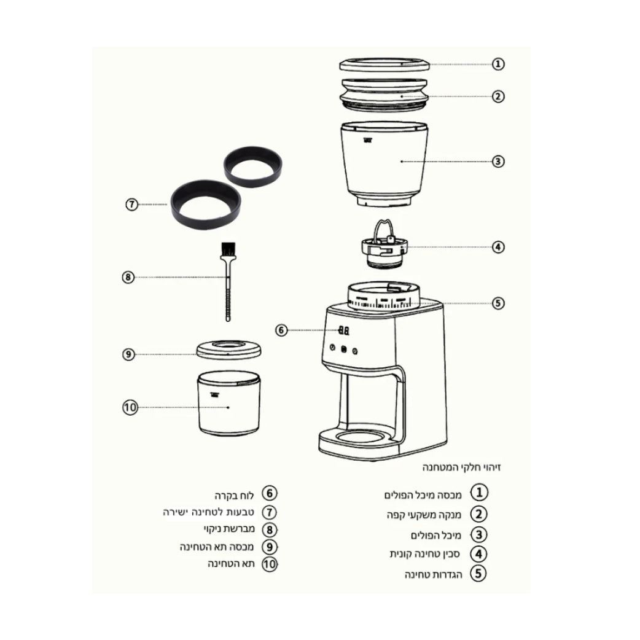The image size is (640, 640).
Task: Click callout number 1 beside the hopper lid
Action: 498,64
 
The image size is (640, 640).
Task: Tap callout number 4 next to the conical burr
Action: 498,247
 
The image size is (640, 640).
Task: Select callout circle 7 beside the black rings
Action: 131,204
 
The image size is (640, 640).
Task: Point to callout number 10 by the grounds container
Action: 130,407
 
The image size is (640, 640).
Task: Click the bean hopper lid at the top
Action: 384,65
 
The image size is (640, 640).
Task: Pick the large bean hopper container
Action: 384,163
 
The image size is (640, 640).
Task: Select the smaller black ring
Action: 253,166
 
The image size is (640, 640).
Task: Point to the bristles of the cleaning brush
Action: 228,249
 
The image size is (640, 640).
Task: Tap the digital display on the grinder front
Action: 344,330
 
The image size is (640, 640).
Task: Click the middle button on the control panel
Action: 344,349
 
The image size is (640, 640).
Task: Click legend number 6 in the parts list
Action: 270,493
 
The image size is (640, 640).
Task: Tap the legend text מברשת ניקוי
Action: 229,529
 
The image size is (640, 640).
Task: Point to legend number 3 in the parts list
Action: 479,535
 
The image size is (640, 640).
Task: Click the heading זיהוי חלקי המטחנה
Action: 462,467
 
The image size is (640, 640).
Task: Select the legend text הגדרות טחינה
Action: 433,575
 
